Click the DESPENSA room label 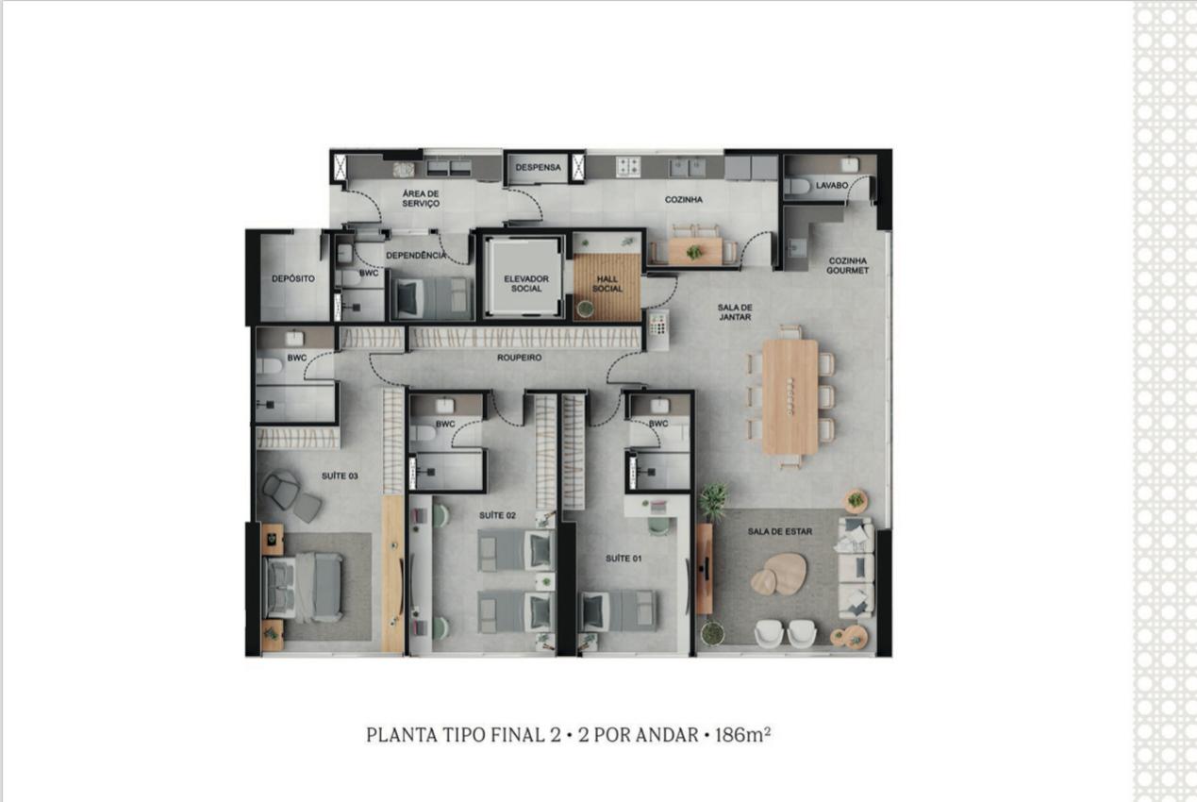(x=538, y=167)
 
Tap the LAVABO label (x=832, y=186)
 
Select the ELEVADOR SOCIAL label (x=526, y=283)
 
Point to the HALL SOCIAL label (x=607, y=284)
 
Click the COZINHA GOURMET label (x=847, y=266)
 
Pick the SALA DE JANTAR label (x=735, y=312)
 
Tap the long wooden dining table (x=790, y=396)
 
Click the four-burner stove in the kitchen (x=628, y=166)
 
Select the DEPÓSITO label (x=292, y=278)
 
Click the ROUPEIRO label (x=520, y=358)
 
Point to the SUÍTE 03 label (x=340, y=476)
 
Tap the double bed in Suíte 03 (x=303, y=587)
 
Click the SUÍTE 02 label (x=497, y=515)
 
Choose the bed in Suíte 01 (x=618, y=611)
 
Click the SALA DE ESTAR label (x=780, y=531)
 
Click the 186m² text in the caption (x=742, y=735)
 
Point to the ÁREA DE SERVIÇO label (x=421, y=198)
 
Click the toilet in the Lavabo (x=797, y=186)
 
